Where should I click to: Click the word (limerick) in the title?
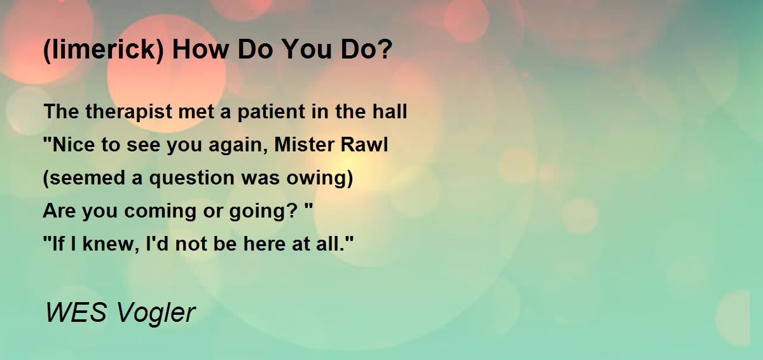(104, 50)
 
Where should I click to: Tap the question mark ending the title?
(385, 48)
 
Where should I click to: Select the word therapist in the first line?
(128, 112)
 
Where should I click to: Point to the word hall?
(389, 111)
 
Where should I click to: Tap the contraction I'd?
(156, 244)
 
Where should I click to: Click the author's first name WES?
(76, 312)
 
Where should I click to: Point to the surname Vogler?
(156, 314)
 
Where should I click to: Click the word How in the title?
(200, 50)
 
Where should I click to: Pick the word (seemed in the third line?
(84, 178)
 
